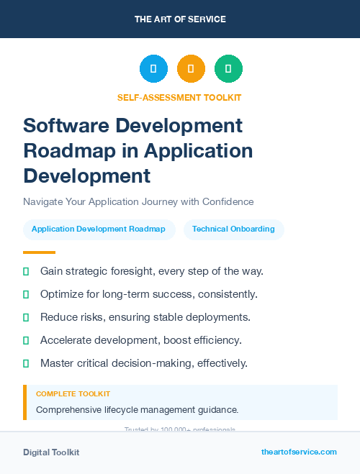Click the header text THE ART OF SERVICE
[x=180, y=19]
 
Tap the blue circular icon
[x=153, y=69]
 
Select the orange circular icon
[x=191, y=69]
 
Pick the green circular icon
[x=228, y=69]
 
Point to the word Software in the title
[x=63, y=125]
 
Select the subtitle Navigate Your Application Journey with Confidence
[x=138, y=201]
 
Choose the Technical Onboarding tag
[x=233, y=229]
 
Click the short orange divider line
[x=39, y=252]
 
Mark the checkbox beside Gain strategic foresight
[x=26, y=271]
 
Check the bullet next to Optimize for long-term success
[x=26, y=294]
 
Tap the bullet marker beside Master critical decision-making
[x=26, y=363]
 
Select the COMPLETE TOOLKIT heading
[x=73, y=394]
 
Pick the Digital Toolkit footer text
[x=51, y=452]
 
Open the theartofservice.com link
[x=299, y=452]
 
